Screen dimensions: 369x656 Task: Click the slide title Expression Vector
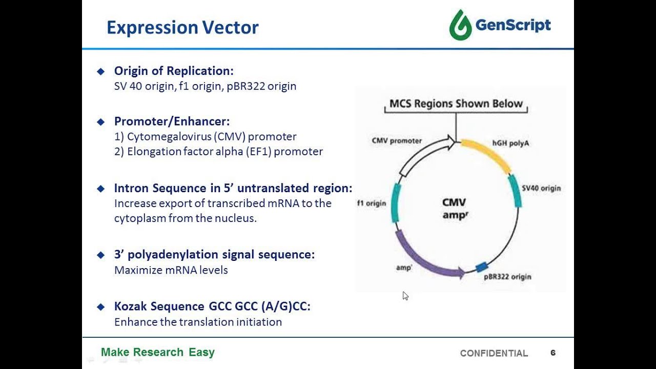tap(182, 27)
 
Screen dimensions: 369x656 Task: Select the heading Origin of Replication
tap(173, 71)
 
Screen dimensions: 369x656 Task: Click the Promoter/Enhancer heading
tap(172, 121)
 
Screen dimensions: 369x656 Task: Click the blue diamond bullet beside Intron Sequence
tap(100, 188)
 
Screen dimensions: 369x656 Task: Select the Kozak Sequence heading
tap(212, 306)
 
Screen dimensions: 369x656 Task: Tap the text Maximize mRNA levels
tap(171, 270)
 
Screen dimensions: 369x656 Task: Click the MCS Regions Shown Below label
tap(456, 104)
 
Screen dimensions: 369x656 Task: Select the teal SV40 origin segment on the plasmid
tap(515, 191)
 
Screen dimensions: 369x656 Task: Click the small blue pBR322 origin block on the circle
tap(481, 267)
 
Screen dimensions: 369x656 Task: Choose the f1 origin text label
tap(372, 203)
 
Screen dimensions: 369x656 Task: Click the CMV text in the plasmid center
tap(454, 203)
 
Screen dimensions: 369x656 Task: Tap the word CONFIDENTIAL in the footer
tap(494, 353)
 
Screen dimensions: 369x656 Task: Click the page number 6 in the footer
tap(553, 353)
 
